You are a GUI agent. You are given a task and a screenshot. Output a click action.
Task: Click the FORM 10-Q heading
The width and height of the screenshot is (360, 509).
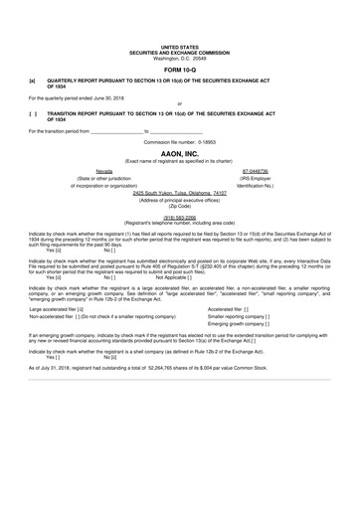coord(179,71)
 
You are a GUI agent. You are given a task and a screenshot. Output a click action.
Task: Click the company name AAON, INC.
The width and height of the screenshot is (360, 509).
coord(179,146)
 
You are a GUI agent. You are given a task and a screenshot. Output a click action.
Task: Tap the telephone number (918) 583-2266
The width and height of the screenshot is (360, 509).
coord(179,216)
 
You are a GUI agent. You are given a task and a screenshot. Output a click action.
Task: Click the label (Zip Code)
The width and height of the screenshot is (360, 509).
coord(179,207)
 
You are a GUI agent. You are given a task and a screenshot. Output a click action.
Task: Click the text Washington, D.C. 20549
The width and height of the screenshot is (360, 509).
coord(179,56)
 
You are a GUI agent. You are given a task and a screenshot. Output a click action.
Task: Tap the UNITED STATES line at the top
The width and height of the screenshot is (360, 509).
coord(179,46)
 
